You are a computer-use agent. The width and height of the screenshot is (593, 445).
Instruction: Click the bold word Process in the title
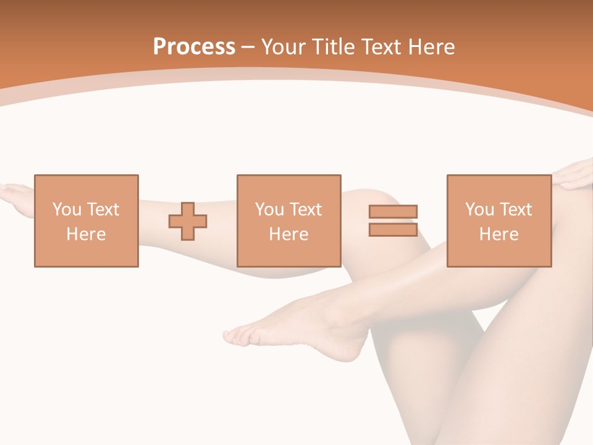(x=194, y=47)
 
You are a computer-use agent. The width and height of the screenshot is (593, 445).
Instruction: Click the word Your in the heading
(x=283, y=47)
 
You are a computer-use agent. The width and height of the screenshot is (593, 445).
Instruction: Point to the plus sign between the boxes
(x=188, y=221)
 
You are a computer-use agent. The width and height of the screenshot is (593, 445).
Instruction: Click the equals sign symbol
(x=393, y=221)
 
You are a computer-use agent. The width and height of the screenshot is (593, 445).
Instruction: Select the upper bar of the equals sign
(x=393, y=211)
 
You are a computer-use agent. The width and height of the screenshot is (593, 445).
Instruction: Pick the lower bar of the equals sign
(x=393, y=229)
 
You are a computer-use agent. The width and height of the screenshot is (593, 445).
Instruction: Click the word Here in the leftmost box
(x=86, y=234)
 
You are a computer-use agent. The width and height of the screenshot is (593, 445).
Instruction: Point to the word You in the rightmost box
(x=480, y=210)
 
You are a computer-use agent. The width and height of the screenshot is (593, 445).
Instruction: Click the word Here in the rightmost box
(x=498, y=234)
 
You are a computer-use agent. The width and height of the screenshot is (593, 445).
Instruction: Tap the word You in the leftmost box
(x=67, y=210)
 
